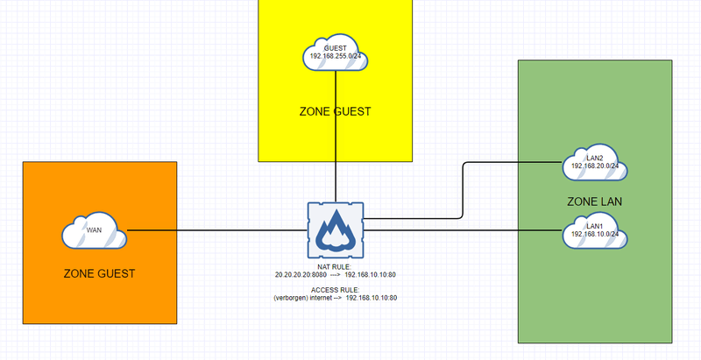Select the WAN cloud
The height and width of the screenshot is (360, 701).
click(95, 231)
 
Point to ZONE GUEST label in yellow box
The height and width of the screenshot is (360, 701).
click(336, 111)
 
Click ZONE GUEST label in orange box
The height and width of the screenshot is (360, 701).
click(100, 274)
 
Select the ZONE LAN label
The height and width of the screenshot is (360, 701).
click(595, 201)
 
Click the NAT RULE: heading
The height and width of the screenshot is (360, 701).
click(336, 265)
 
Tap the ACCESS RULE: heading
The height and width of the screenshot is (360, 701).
click(336, 289)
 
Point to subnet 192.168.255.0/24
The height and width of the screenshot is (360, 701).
click(336, 58)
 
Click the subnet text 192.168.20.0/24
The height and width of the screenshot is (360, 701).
click(596, 165)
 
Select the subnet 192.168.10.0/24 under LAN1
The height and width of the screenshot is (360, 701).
click(596, 235)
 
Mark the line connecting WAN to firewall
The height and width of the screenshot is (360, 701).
click(219, 231)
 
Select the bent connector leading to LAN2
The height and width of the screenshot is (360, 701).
click(463, 188)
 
